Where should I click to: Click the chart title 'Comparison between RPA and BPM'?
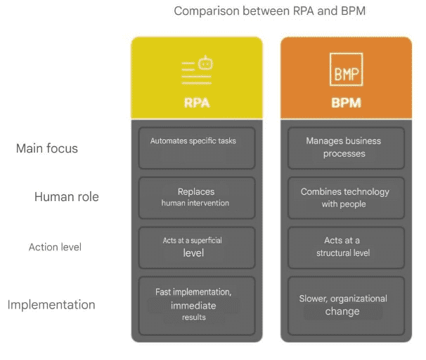[x=269, y=11]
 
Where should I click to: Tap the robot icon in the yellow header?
[x=205, y=63]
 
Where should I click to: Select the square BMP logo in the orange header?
[x=346, y=70]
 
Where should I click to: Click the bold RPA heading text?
[x=197, y=103]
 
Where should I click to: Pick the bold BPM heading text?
[x=346, y=103]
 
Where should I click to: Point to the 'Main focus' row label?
[x=47, y=148]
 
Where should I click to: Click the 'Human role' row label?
[x=67, y=197]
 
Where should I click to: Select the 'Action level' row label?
[x=55, y=247]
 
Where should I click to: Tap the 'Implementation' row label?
[x=51, y=304]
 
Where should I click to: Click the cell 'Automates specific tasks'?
[x=197, y=148]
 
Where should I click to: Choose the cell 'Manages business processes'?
[x=346, y=148]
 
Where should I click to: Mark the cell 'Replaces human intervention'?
[x=197, y=198]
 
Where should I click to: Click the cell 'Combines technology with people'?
[x=346, y=198]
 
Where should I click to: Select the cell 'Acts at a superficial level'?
[x=197, y=247]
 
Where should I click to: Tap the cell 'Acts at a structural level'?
[x=346, y=247]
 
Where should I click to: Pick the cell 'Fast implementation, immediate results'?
[x=197, y=306]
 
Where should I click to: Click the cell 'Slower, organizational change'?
[x=346, y=306]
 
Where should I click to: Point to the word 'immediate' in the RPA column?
[x=193, y=306]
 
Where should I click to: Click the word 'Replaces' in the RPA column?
[x=196, y=191]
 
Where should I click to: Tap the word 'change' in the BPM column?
[x=342, y=311]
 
